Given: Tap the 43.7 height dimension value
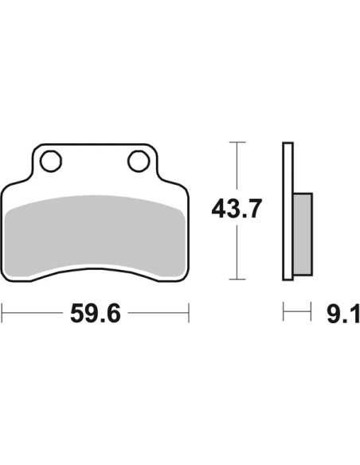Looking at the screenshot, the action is tap(237, 209).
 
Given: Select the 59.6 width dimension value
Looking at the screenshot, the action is tap(96, 313).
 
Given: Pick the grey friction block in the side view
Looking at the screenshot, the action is tap(303, 234).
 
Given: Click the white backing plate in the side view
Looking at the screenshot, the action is tap(288, 211).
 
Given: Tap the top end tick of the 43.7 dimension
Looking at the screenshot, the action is tap(237, 142).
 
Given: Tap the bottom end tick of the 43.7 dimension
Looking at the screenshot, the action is tap(237, 279).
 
